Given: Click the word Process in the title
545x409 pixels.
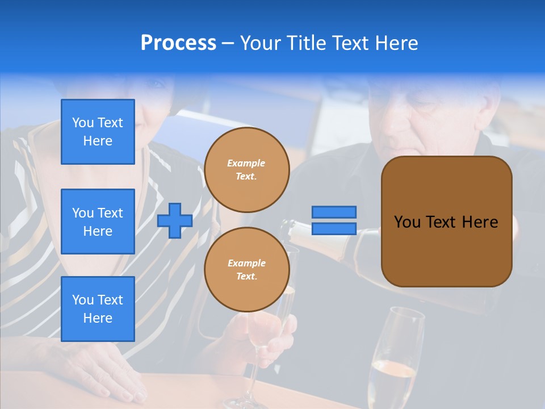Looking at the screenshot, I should point(178,43).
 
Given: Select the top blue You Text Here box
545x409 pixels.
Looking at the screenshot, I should point(98,132).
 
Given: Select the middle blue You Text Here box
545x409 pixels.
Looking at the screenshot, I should point(98,222).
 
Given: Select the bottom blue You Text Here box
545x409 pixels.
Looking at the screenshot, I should point(98,309).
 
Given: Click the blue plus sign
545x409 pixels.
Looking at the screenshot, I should point(175,220).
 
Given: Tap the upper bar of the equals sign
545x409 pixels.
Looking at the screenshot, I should point(334,212).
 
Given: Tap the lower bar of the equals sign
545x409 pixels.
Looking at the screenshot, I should point(334,229).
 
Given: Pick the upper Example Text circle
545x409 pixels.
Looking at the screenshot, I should point(246,170).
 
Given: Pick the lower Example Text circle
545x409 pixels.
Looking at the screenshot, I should point(246,270).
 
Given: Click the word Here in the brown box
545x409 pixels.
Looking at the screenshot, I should point(480,222).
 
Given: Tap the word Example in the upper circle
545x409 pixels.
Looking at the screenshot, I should point(246,164).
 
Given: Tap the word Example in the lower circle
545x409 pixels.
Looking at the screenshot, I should point(246,264).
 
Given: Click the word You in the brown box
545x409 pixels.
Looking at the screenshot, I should point(407,222).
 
